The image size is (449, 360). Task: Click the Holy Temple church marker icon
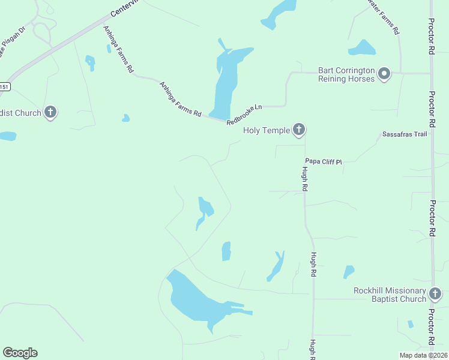pyautogui.click(x=299, y=130)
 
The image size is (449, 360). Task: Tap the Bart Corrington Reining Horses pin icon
pyautogui.click(x=384, y=74)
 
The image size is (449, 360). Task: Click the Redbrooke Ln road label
pyautogui.click(x=245, y=115)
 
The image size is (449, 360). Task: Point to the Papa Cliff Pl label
pyautogui.click(x=323, y=161)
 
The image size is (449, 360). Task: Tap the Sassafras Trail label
pyautogui.click(x=405, y=134)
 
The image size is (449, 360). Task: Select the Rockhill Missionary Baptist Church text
pyautogui.click(x=390, y=295)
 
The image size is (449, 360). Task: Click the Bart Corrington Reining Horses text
pyautogui.click(x=346, y=74)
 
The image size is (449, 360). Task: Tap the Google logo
pyautogui.click(x=20, y=353)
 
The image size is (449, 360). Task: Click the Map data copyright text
pyautogui.click(x=423, y=355)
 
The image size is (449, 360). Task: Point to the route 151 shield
pyautogui.click(x=4, y=87)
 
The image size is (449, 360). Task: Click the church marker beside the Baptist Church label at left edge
pyautogui.click(x=51, y=112)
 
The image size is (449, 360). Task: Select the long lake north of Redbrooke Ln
pyautogui.click(x=225, y=81)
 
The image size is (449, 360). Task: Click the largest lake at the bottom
pyautogui.click(x=198, y=300)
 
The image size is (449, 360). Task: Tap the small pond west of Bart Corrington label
pyautogui.click(x=361, y=47)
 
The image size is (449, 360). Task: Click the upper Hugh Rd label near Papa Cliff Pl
pyautogui.click(x=305, y=179)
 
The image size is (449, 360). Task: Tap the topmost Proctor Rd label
pyautogui.click(x=431, y=40)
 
